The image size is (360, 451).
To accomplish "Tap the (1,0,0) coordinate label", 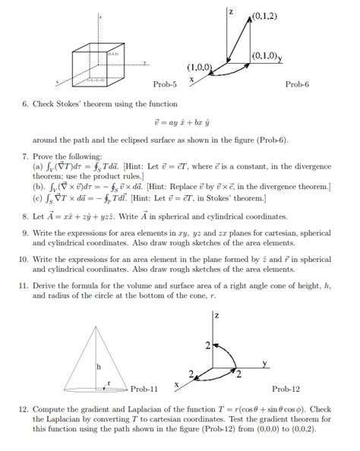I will (210, 67).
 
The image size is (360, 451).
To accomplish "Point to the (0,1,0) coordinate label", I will (265, 55).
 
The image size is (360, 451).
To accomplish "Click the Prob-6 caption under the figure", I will (297, 84).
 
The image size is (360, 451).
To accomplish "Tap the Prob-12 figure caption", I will (286, 388).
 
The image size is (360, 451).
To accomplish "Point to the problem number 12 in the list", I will (23, 411).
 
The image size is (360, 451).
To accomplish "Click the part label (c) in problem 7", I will (38, 197).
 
